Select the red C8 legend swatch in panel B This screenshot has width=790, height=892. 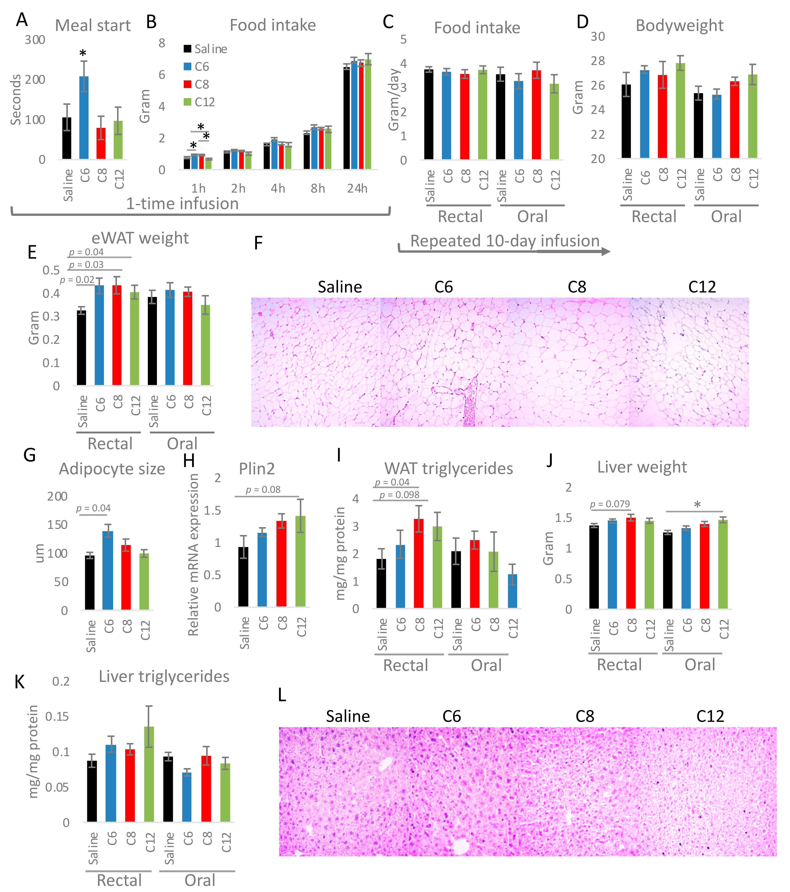[188, 84]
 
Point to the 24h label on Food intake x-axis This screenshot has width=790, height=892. [357, 189]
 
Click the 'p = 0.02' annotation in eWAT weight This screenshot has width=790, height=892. [77, 280]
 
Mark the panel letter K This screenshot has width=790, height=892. [20, 682]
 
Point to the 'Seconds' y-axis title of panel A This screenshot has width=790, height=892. [16, 99]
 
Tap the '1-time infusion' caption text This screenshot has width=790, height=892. [182, 204]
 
